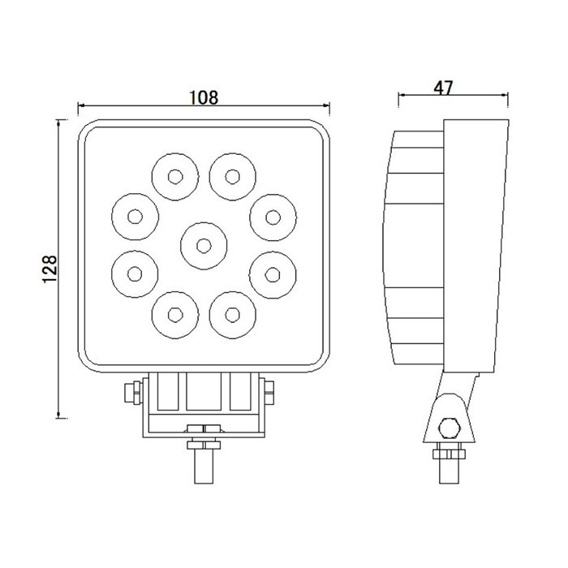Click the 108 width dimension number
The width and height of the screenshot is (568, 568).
pos(203,97)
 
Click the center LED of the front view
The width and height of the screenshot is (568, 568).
pos(203,243)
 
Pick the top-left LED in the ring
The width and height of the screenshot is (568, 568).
pos(174,176)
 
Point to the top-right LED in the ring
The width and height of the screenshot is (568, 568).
pos(233,176)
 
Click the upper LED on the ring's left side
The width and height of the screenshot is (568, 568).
pos(134,216)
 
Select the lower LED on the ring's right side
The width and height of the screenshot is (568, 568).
pos(273,271)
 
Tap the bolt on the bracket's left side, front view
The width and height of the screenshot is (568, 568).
pos(127,393)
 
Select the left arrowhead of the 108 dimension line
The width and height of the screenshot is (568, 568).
pos(80,106)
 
